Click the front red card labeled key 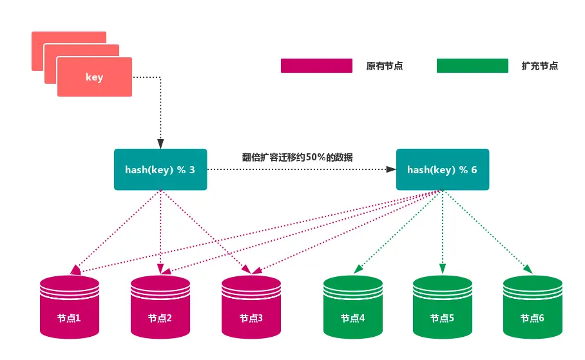[x=94, y=77]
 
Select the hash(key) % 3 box [x=160, y=169]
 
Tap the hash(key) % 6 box [x=442, y=169]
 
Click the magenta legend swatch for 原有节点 [x=316, y=66]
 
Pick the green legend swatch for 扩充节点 [x=472, y=66]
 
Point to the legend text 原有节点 [x=384, y=66]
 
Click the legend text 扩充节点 [x=540, y=66]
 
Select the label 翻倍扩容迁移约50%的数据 [x=297, y=156]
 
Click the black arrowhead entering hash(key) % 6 [x=391, y=169]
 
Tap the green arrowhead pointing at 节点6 [x=528, y=269]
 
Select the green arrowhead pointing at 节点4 [x=356, y=269]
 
